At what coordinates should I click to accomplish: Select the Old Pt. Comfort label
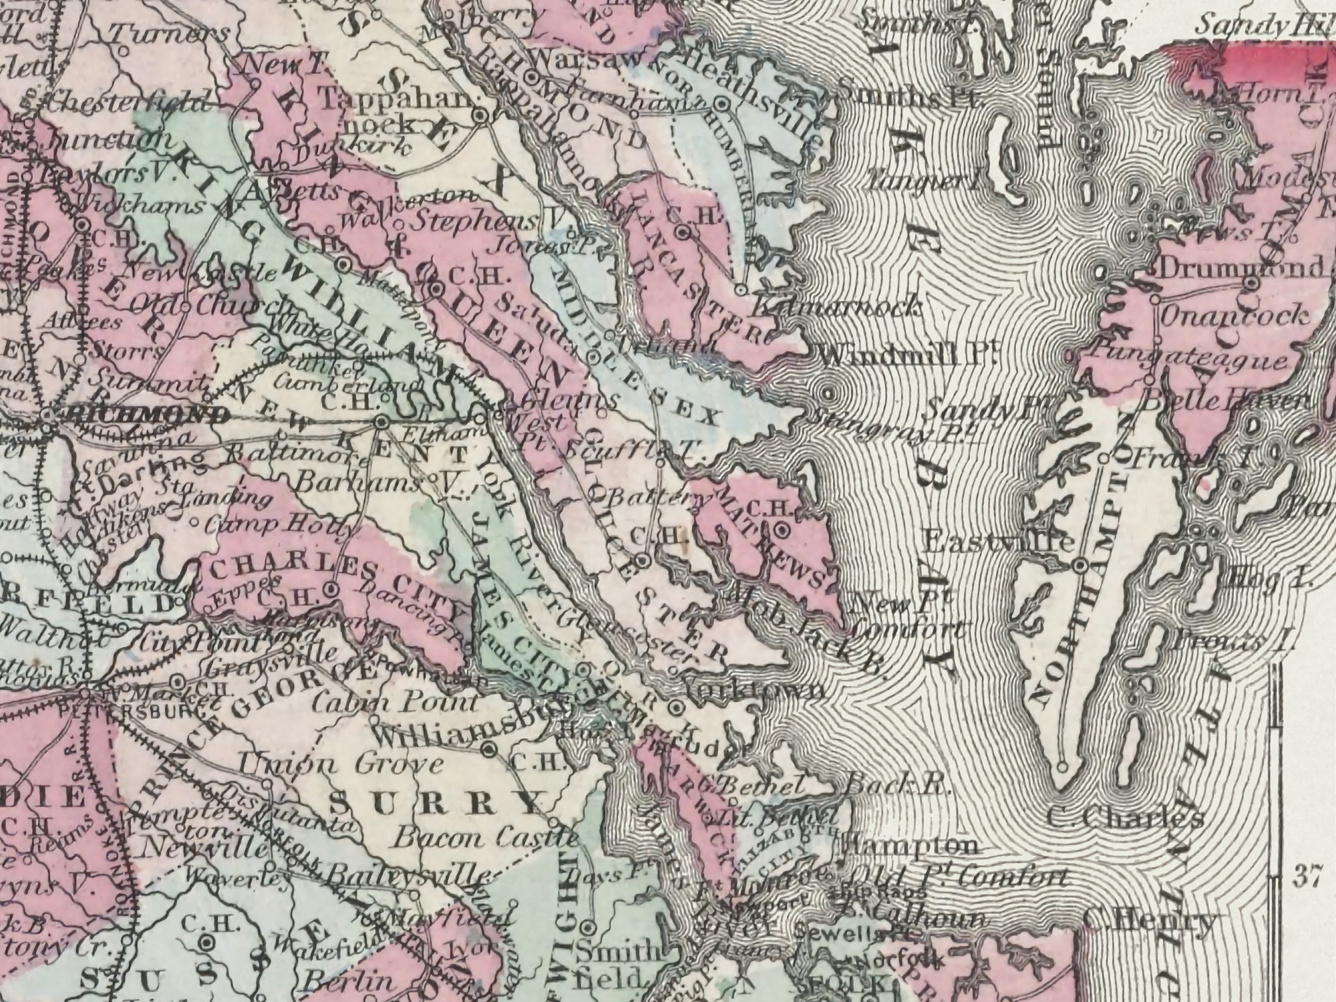[955, 877]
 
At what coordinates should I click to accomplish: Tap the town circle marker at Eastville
[1080, 567]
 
